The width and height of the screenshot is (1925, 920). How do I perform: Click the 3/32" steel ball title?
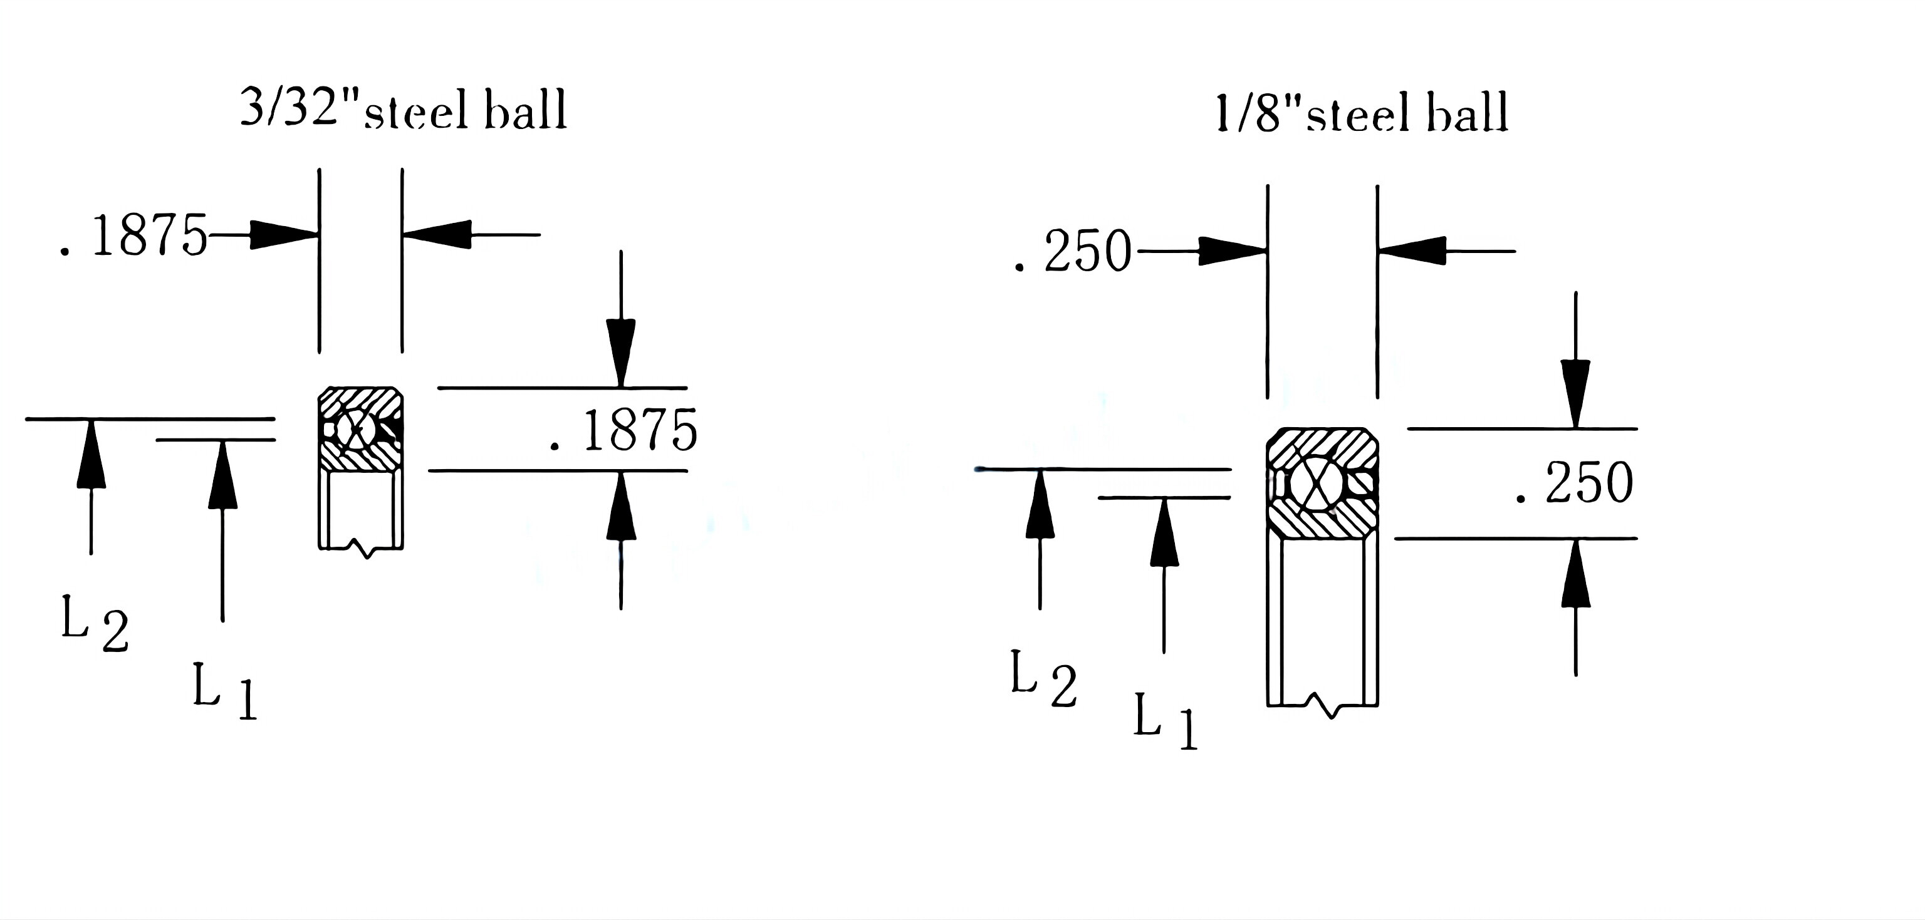click(x=404, y=110)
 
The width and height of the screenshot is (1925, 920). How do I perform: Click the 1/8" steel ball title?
click(x=1362, y=114)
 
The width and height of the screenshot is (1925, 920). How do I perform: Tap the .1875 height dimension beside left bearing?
click(x=623, y=431)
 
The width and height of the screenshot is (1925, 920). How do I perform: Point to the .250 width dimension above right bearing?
click(x=1073, y=252)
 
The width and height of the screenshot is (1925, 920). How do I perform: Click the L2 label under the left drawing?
click(x=94, y=624)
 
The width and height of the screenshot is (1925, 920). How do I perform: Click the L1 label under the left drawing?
click(x=224, y=691)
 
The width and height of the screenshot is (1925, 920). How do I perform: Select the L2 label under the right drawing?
click(x=1043, y=678)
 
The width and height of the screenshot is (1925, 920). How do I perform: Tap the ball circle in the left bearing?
click(x=355, y=430)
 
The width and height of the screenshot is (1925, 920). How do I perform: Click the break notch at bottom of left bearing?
click(x=366, y=551)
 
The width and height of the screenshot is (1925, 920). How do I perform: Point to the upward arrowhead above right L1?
click(x=1164, y=534)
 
